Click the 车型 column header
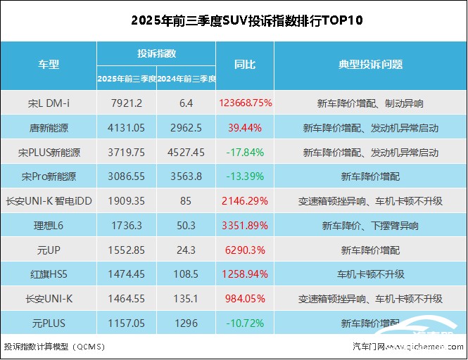pos(48,65)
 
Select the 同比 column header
pos(245,65)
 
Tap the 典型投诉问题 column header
pos(370,65)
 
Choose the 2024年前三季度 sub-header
pos(186,78)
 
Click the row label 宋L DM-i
pos(48,103)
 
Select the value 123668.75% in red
pos(246,103)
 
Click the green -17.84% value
pos(245,152)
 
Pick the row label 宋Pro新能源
pos(48,176)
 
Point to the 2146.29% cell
pos(245,201)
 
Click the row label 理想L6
pos(48,226)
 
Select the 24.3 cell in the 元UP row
pos(186,250)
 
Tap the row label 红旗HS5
pos(48,274)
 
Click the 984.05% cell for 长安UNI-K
pos(245,299)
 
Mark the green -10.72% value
pos(245,323)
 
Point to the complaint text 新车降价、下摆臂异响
pos(370,226)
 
